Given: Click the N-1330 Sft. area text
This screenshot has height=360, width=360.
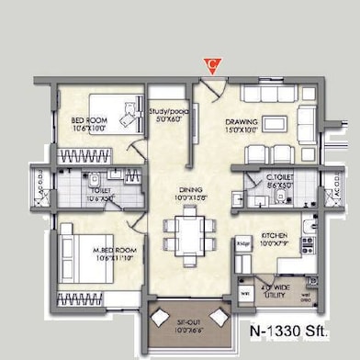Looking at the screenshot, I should point(291,329).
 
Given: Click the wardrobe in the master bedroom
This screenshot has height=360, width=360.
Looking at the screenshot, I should point(96,299).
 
